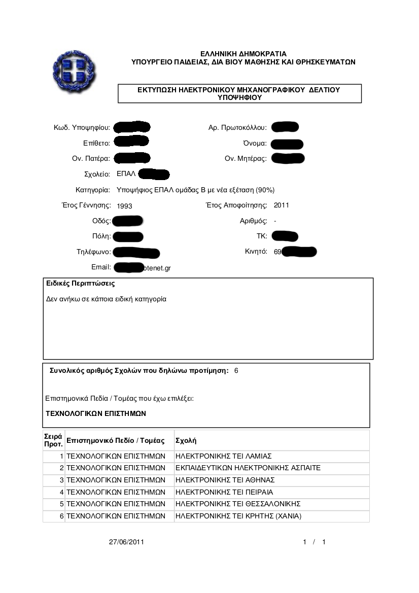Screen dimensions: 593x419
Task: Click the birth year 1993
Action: point(124,206)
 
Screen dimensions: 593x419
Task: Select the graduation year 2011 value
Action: point(281,205)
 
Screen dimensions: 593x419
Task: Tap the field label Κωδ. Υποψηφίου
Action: point(82,127)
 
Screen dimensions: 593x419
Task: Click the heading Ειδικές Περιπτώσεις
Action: point(80,284)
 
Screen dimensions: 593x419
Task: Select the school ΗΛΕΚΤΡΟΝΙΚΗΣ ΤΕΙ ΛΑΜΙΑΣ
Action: point(224,456)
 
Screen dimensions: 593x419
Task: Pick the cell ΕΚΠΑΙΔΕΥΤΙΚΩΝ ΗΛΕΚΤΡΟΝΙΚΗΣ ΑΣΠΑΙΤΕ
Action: point(248,468)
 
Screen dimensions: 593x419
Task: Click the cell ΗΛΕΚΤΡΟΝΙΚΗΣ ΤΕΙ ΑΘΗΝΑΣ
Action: point(225,480)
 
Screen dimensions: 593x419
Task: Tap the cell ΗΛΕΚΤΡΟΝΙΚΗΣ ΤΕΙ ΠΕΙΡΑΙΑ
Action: point(224,492)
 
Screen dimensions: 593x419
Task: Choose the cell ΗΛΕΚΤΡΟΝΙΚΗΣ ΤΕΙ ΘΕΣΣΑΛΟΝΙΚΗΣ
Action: point(238,504)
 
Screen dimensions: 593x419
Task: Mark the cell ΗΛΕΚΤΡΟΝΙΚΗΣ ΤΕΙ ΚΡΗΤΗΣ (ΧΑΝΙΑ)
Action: point(238,516)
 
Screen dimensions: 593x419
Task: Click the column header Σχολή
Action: point(186,440)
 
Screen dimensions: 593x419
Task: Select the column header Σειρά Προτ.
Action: point(53,440)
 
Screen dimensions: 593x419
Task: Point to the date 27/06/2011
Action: point(127,542)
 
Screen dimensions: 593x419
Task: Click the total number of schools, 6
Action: point(236,371)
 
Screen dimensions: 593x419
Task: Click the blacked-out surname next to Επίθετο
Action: point(131,142)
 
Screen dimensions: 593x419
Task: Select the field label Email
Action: point(101,267)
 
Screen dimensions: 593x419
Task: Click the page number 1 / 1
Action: point(314,542)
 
